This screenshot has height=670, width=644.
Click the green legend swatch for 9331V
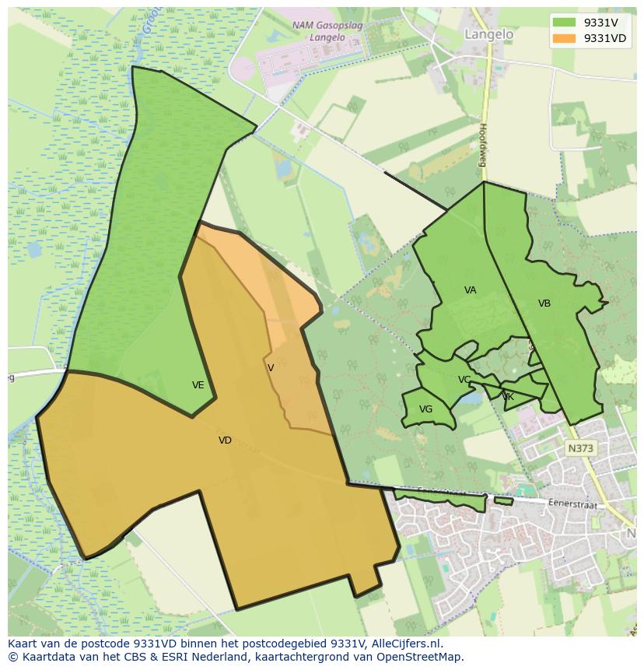point(564,23)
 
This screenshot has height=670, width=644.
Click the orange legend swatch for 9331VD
point(564,38)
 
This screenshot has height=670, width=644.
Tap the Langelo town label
point(488,34)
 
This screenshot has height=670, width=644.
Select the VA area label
point(470,290)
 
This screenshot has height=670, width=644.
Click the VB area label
point(544,303)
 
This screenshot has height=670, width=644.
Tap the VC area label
point(464,380)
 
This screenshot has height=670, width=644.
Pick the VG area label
point(425,409)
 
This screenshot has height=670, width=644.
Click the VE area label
point(198,385)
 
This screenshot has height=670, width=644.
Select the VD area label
point(225,440)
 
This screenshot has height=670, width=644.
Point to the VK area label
point(508,397)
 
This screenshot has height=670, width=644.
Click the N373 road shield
point(580,448)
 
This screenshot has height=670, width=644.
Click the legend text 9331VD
point(605,38)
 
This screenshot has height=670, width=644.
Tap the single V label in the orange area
point(271,368)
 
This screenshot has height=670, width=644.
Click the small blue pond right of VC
point(471,398)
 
